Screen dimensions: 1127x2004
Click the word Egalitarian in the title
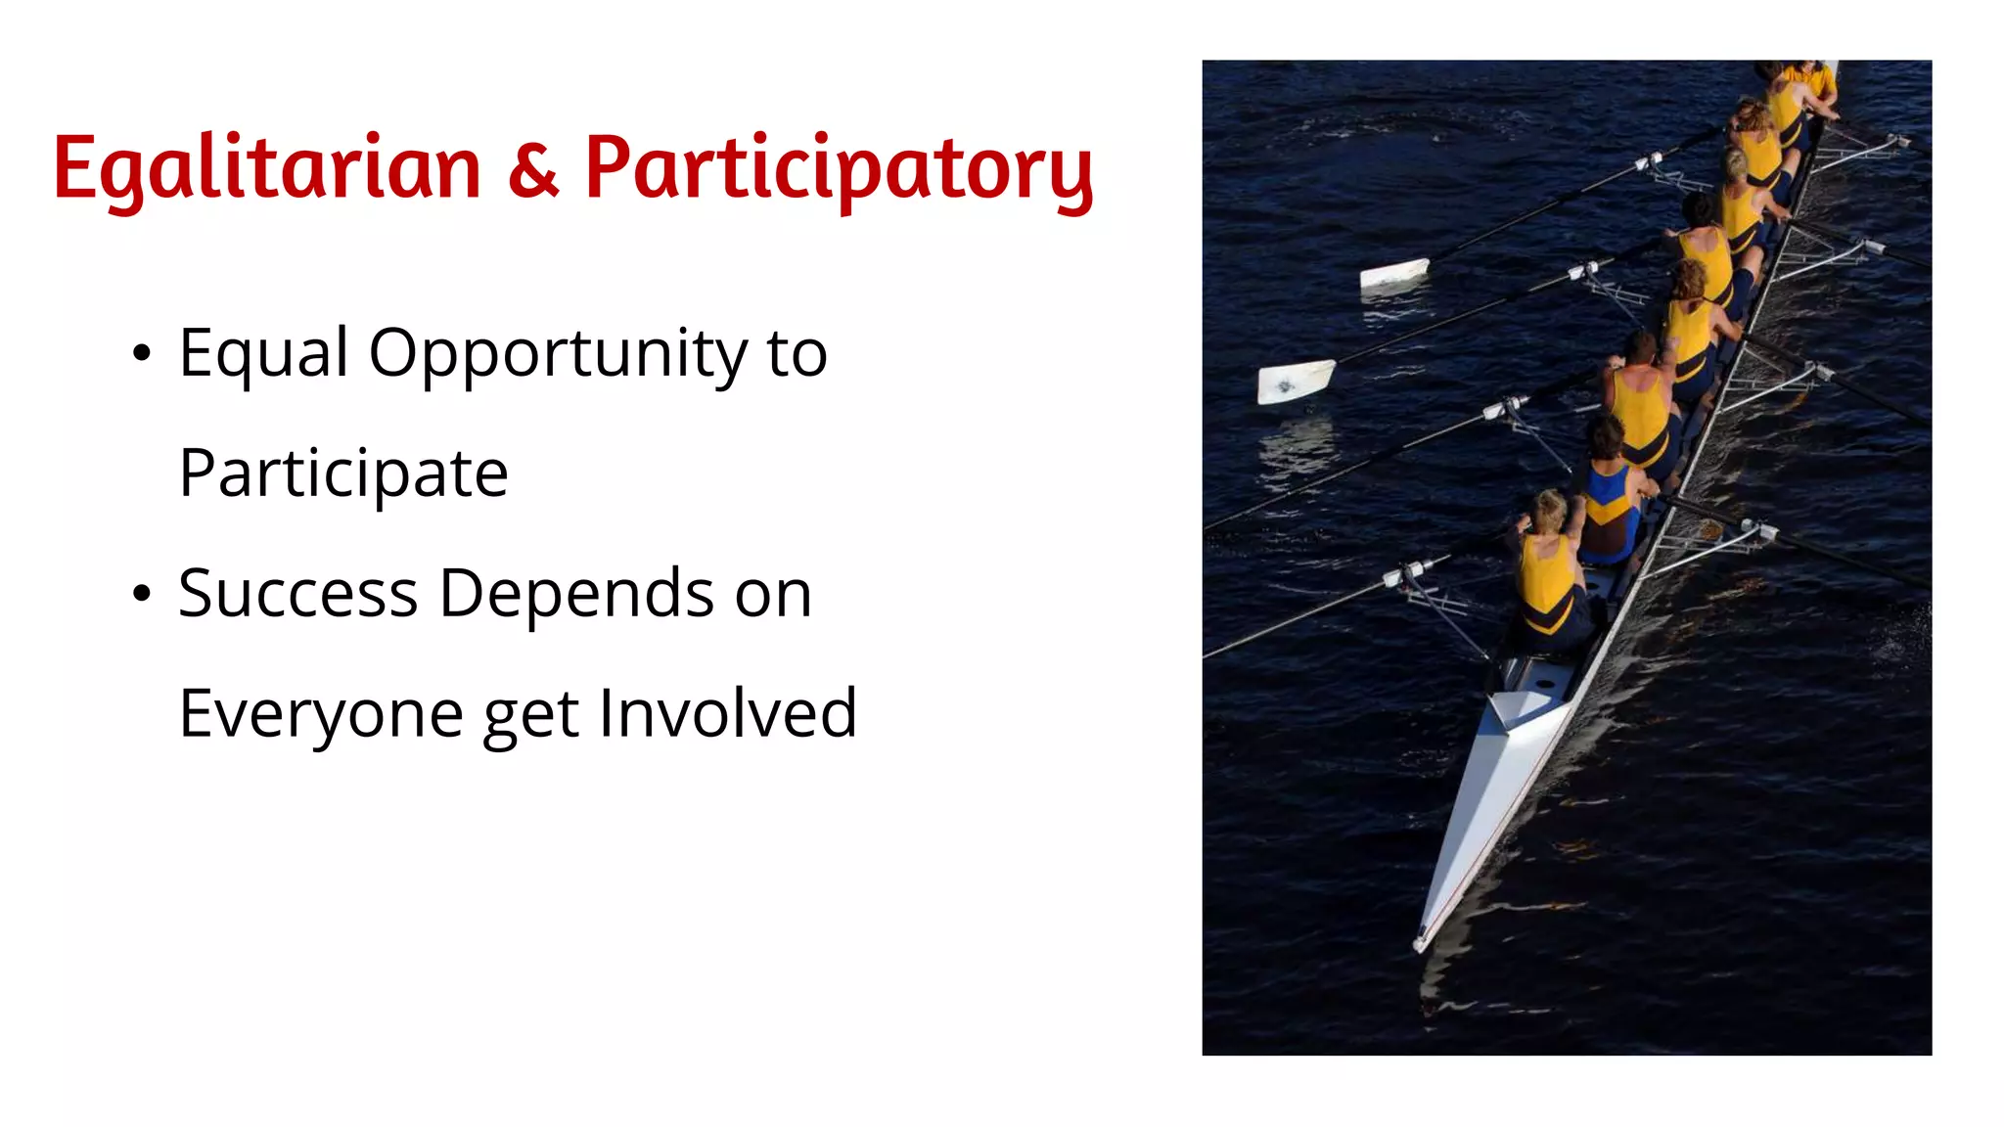click(266, 168)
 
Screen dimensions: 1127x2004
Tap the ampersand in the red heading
click(533, 168)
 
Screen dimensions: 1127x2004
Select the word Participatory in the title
click(839, 168)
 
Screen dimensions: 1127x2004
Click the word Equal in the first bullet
click(263, 354)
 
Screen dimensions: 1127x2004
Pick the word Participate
click(343, 474)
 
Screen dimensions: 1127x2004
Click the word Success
click(298, 594)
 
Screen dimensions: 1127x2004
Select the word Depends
click(576, 594)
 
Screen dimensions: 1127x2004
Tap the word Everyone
click(321, 714)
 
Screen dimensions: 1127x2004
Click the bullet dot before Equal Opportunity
click(142, 354)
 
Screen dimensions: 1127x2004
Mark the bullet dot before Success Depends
click(142, 594)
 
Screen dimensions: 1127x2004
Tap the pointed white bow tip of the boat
click(1422, 941)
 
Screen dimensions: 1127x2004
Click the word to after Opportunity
click(797, 354)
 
